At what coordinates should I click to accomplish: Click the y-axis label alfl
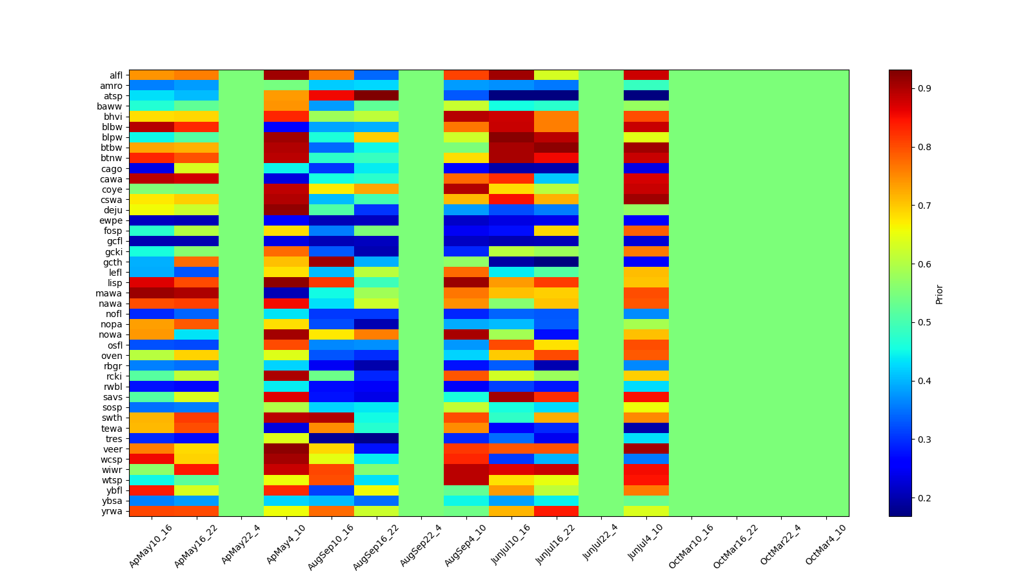click(115, 75)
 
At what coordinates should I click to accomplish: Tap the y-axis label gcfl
click(114, 241)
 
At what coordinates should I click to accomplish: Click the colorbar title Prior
click(939, 293)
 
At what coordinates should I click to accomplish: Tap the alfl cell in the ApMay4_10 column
click(286, 75)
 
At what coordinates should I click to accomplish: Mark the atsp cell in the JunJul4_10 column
click(646, 96)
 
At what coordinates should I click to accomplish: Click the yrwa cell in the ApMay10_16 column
click(152, 511)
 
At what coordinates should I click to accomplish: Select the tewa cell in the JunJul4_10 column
click(646, 428)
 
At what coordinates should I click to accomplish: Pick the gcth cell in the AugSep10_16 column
click(331, 262)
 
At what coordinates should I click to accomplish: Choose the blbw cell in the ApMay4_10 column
click(286, 127)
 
